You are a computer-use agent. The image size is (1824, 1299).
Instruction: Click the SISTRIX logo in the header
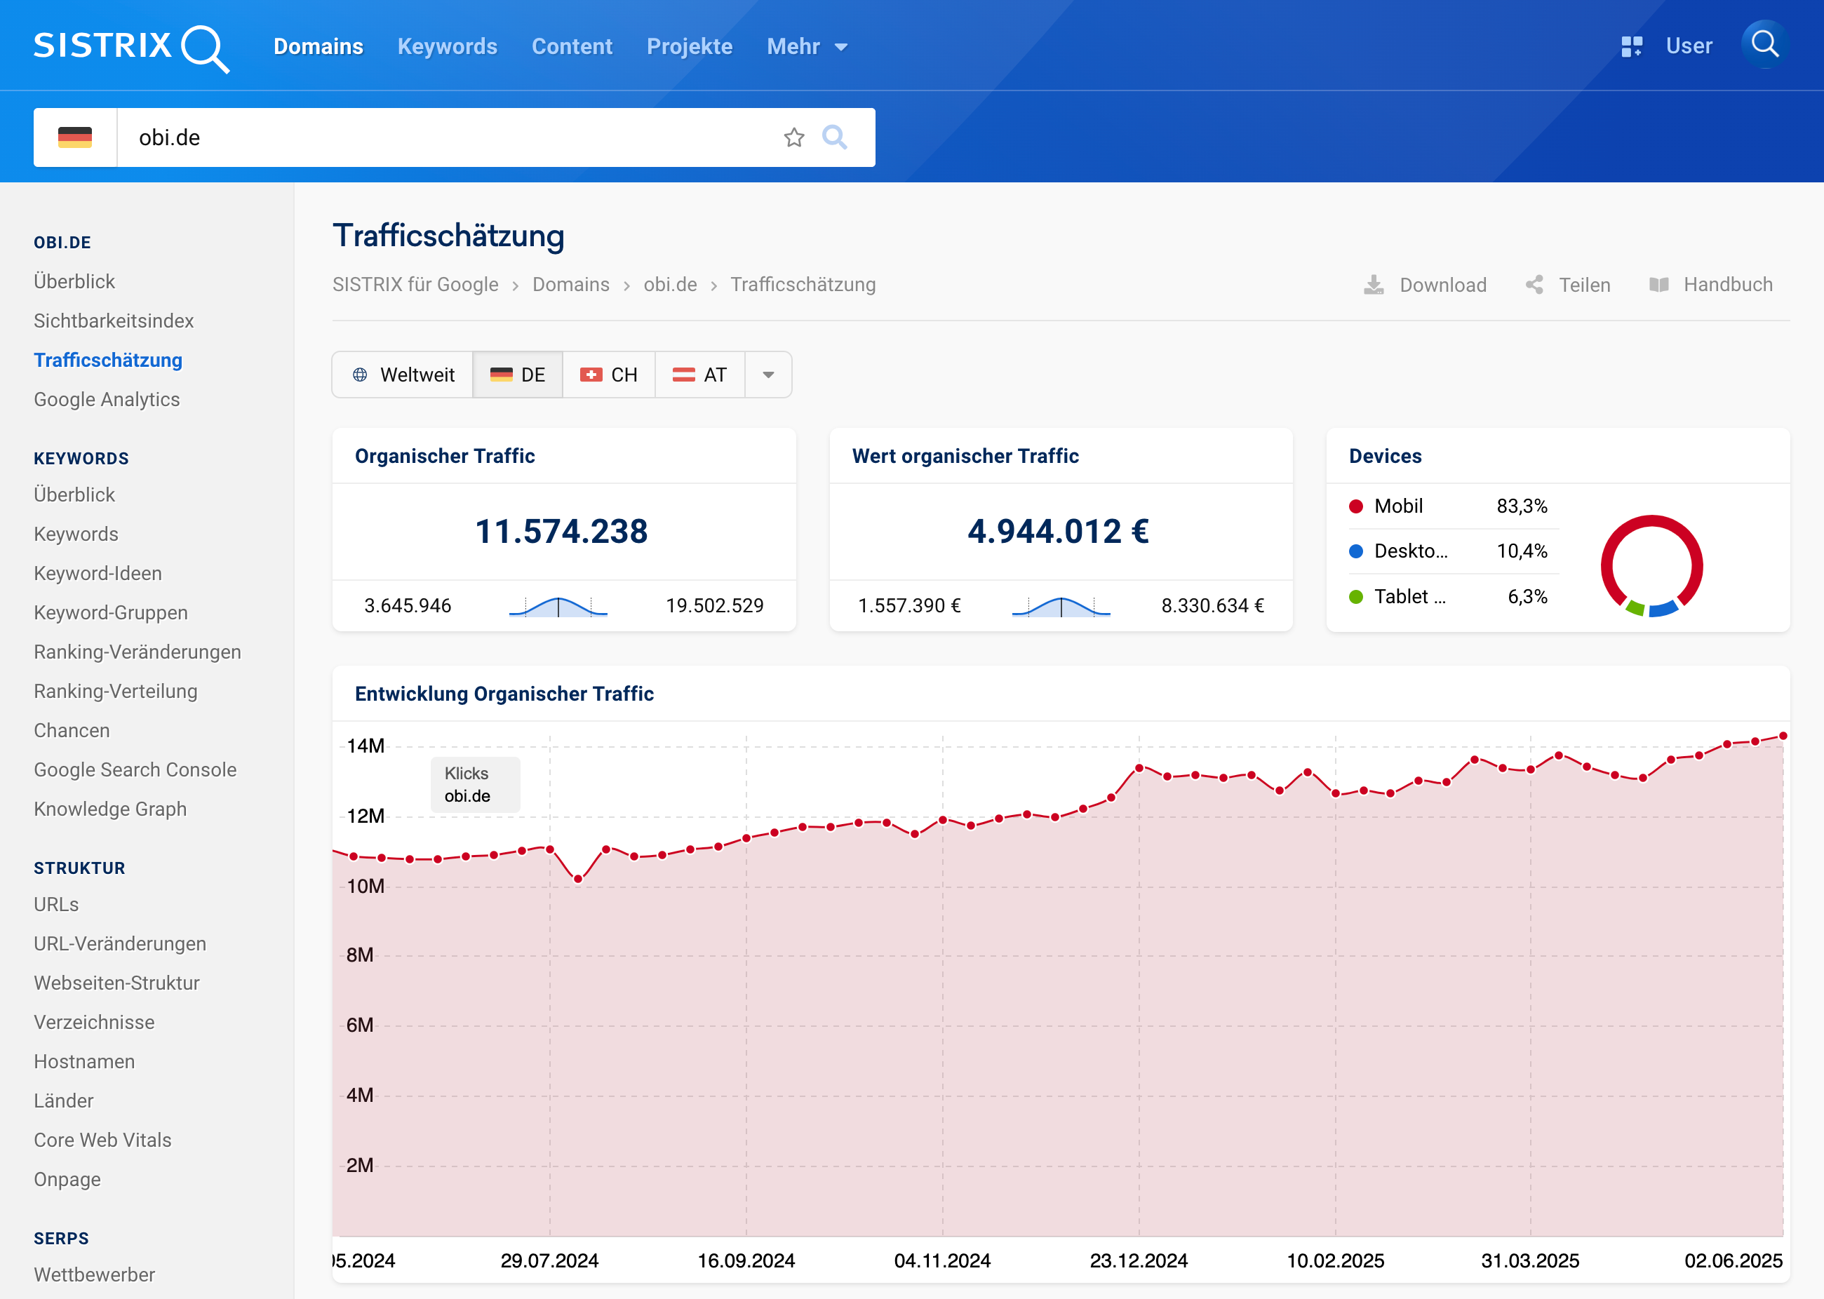[130, 47]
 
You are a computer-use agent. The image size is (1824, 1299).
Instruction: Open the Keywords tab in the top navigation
[447, 46]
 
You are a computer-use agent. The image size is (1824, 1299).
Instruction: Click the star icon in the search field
[793, 137]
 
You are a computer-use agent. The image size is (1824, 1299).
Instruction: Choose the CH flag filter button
[609, 375]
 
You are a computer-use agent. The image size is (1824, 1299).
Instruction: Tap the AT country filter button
[700, 375]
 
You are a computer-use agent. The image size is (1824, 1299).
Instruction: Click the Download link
[1426, 285]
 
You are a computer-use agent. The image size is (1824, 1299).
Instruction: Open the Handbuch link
[1711, 285]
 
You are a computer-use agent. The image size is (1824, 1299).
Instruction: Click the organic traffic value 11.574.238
[562, 532]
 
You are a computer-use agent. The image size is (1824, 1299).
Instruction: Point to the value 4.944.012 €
[1059, 532]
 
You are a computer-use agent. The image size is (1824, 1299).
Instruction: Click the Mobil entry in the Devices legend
[1397, 506]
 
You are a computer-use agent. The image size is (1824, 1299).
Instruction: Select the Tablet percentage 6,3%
[1527, 597]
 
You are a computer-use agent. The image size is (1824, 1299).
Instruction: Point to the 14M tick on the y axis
[366, 746]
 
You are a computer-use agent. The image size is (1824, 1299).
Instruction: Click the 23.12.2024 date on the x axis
[1139, 1261]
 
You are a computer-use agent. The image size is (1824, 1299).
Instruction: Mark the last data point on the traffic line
[1783, 736]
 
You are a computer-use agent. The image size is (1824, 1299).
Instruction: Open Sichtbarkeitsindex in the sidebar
[114, 321]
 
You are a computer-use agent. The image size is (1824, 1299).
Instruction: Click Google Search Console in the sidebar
[135, 769]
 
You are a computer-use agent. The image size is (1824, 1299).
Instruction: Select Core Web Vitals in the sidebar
[102, 1140]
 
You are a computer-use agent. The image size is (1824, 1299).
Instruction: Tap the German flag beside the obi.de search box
[75, 137]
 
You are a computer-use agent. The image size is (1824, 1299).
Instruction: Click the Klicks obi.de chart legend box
[475, 785]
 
